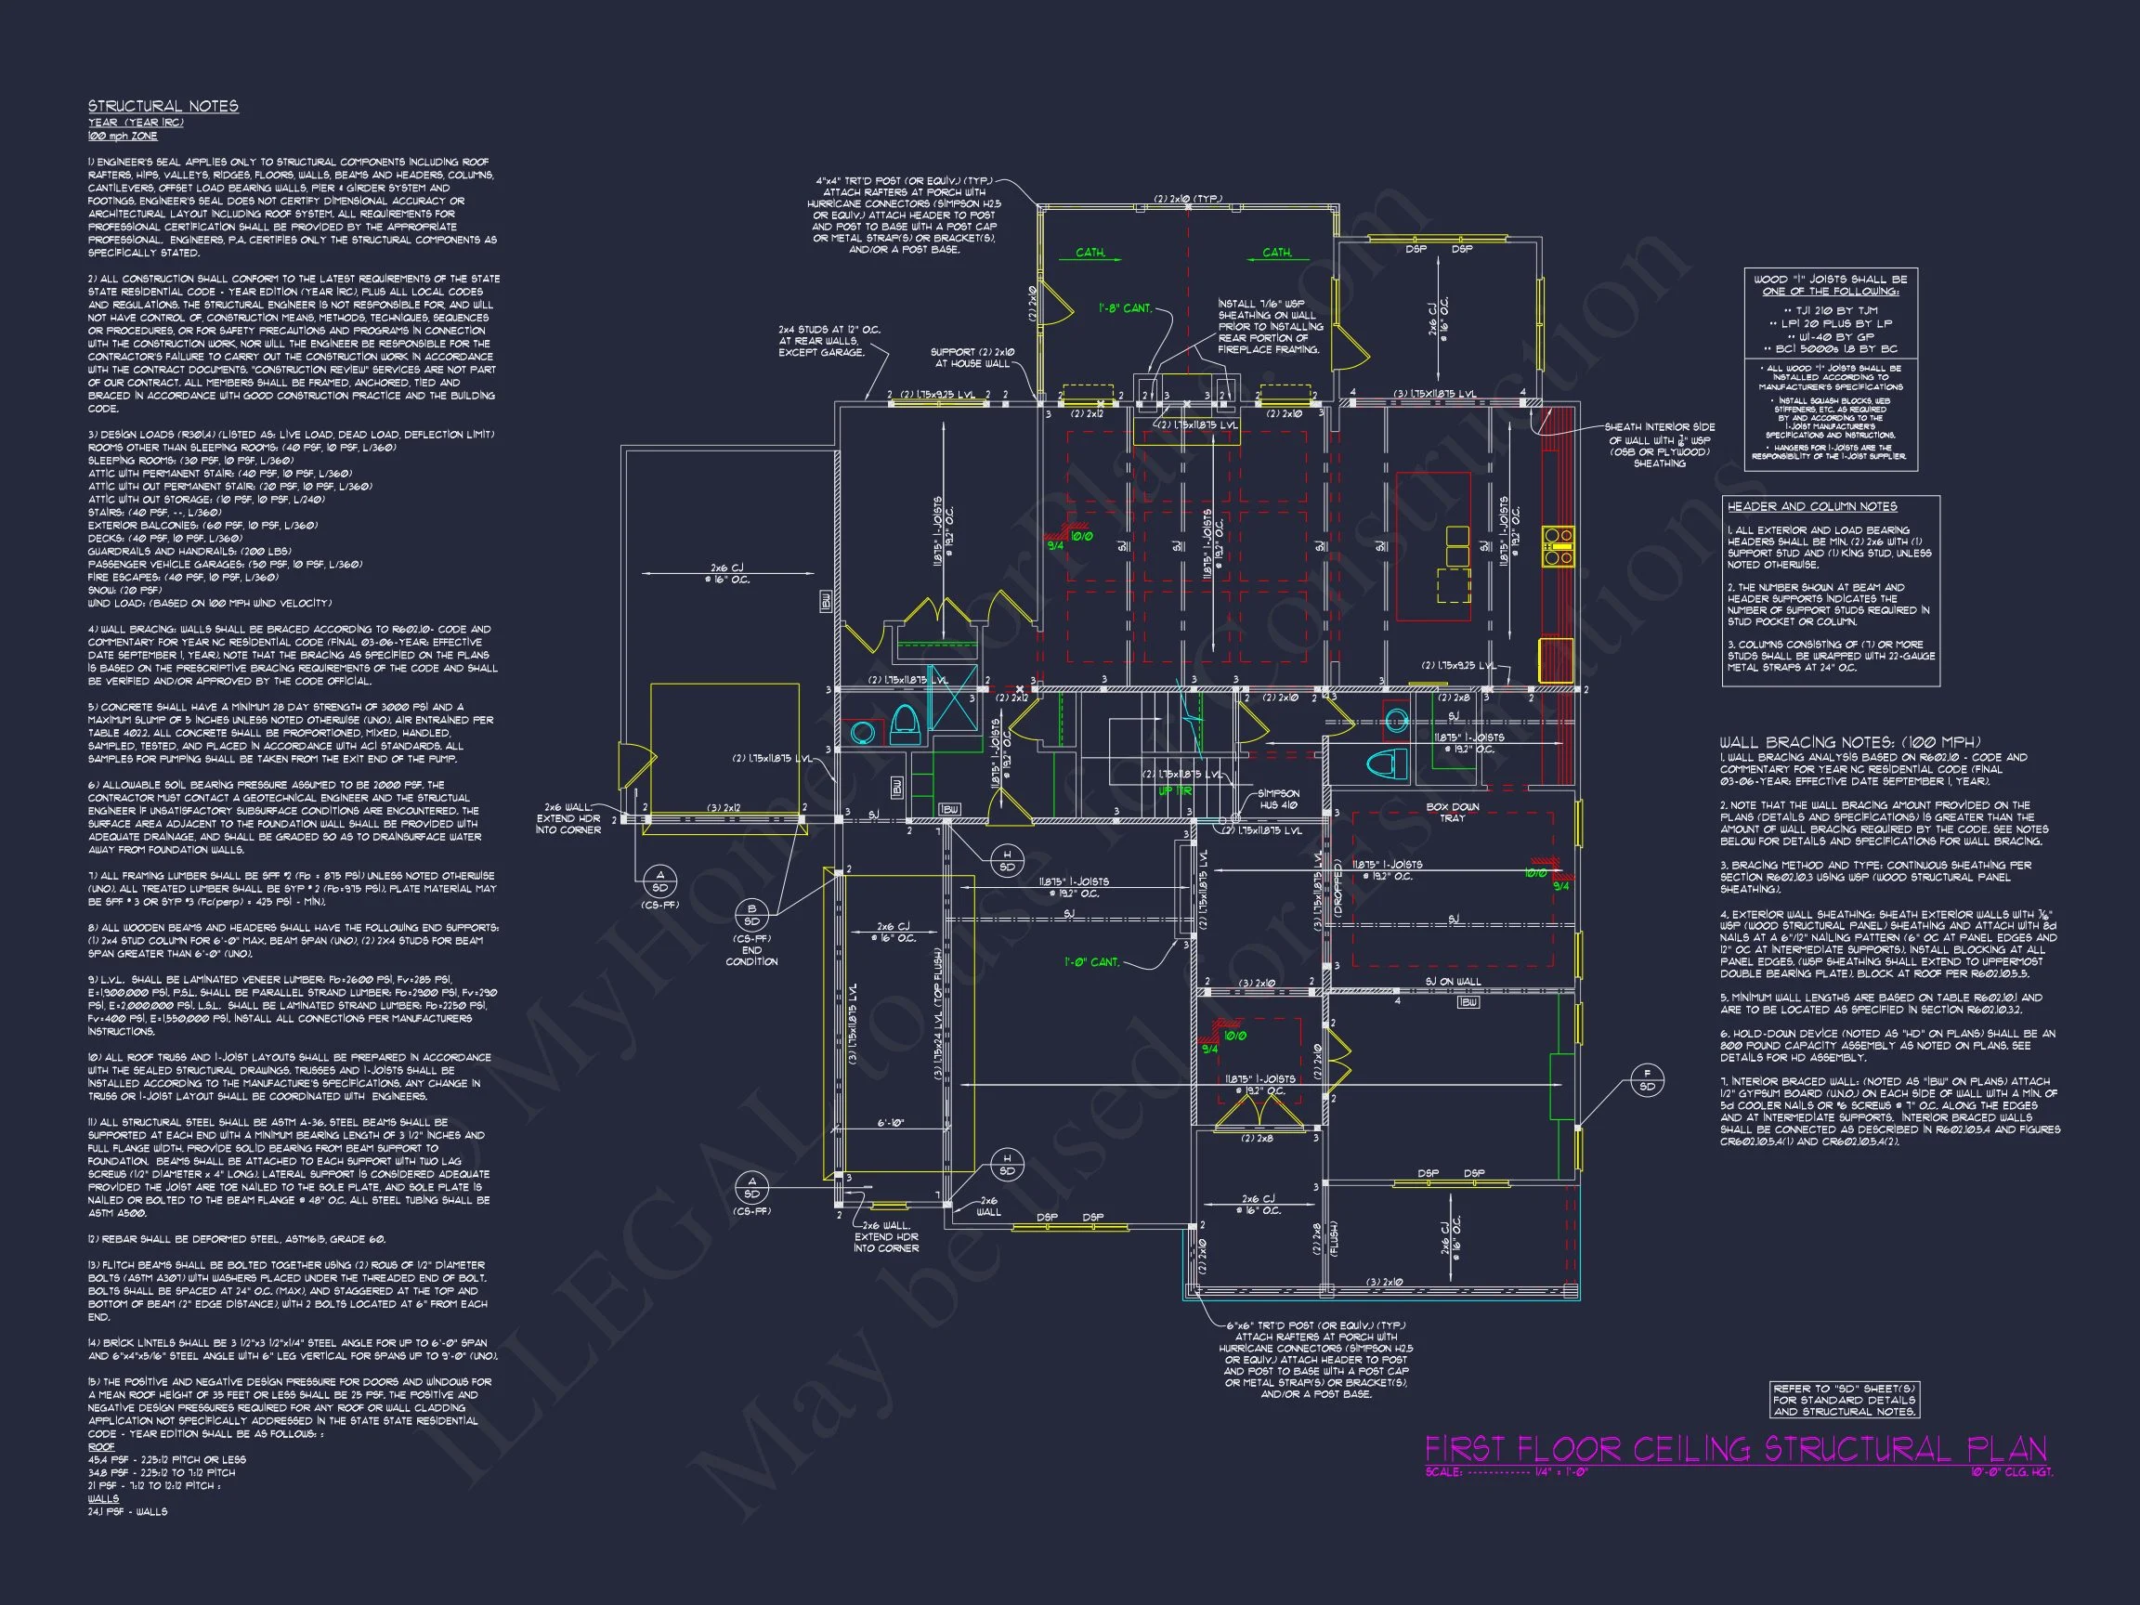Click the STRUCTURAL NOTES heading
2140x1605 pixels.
coord(163,107)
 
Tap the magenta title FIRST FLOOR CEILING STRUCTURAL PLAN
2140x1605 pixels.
coord(1736,1449)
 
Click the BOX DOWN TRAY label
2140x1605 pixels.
coord(1452,813)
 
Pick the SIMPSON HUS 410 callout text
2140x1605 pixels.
coord(1278,799)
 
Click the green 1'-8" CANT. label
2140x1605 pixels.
coord(1125,308)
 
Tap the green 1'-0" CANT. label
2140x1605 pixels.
coord(1092,962)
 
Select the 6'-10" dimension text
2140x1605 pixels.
coord(892,1124)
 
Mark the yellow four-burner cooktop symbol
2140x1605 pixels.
coord(1557,545)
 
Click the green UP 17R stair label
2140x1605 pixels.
coord(1177,790)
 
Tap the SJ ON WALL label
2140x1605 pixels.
coord(1452,982)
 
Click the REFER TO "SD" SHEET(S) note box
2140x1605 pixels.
coord(1843,1400)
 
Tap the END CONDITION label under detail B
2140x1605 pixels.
coord(751,956)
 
